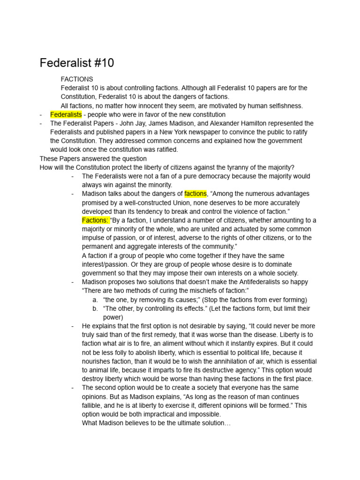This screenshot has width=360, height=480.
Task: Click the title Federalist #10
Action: [x=77, y=63]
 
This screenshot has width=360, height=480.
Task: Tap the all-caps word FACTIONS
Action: [x=77, y=79]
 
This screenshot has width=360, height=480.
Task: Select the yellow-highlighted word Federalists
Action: [x=66, y=114]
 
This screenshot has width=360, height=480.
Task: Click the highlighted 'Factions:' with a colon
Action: [x=95, y=220]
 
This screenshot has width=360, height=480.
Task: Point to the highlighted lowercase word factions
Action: [x=195, y=194]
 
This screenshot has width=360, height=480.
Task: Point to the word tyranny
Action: [x=229, y=167]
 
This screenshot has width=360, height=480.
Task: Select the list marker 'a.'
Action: [x=95, y=300]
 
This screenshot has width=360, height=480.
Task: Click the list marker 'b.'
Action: [x=95, y=308]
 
